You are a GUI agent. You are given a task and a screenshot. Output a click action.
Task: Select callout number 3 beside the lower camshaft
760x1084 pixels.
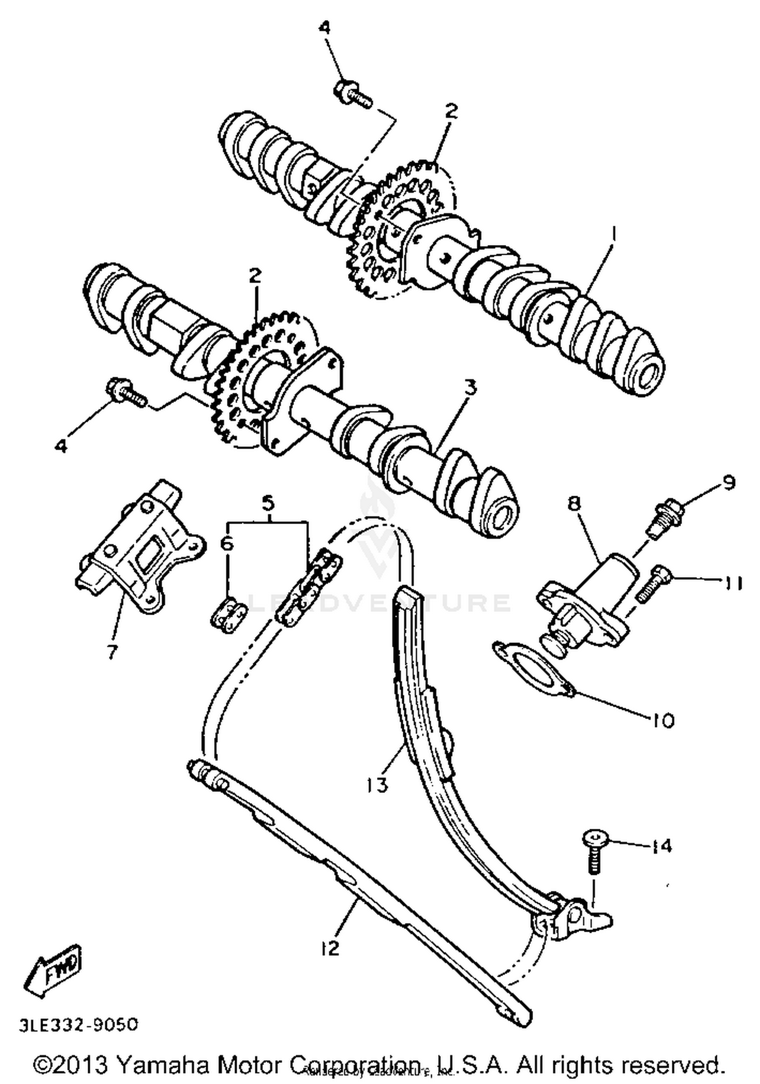click(471, 388)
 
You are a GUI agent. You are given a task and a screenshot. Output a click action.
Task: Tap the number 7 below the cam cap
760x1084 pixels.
click(112, 652)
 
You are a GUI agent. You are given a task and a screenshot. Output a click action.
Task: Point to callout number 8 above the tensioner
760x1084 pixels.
click(575, 504)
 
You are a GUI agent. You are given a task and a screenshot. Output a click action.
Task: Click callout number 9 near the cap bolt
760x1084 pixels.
click(728, 483)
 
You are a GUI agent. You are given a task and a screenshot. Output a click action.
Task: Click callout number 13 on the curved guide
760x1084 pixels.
click(377, 785)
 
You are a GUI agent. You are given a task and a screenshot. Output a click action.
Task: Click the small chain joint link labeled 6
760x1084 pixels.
click(227, 614)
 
